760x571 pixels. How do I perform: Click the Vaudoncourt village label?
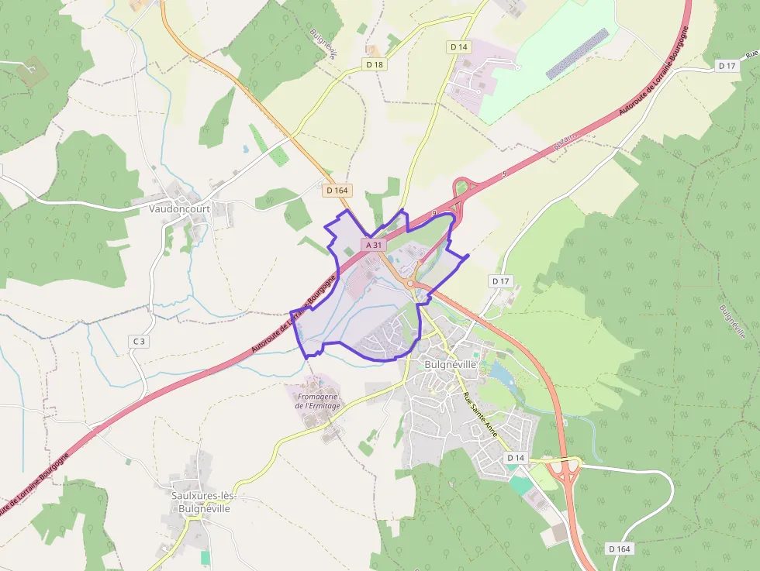[x=181, y=208]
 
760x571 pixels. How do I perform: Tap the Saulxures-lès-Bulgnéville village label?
[x=204, y=502]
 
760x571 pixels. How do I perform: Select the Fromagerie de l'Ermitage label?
[x=318, y=401]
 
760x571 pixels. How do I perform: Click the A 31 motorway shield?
[x=374, y=245]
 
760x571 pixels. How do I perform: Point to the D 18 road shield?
[x=375, y=64]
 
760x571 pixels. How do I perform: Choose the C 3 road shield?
[x=139, y=341]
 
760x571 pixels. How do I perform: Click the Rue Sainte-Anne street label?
[x=479, y=415]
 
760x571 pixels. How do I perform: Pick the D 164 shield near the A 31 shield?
[x=338, y=190]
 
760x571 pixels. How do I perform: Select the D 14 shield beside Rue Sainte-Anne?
[x=516, y=458]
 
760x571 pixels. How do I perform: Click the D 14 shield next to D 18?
[x=460, y=47]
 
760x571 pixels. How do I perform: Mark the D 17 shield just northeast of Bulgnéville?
[x=500, y=280]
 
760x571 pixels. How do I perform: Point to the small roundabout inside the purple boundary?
[x=410, y=284]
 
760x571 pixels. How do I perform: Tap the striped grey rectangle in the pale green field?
[x=577, y=53]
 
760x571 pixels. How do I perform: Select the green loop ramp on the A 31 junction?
[x=464, y=186]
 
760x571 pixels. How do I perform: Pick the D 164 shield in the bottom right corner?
[x=620, y=549]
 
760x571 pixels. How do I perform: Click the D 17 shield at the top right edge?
[x=727, y=66]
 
